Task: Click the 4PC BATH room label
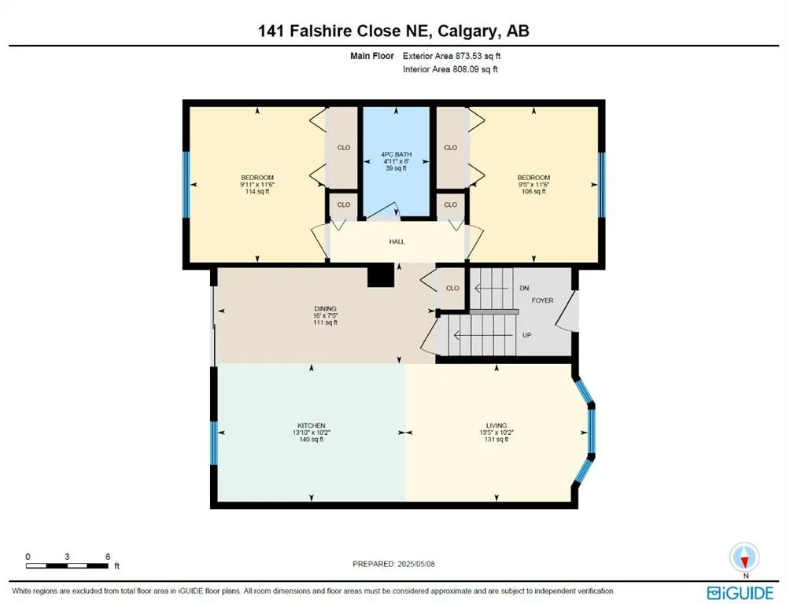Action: (x=397, y=154)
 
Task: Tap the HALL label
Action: (x=397, y=241)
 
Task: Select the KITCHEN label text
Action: (x=311, y=425)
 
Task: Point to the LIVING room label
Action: (x=497, y=425)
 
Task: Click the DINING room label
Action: (x=325, y=308)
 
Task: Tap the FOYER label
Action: (x=542, y=300)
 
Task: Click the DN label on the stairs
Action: (x=524, y=289)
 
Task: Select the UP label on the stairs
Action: (x=527, y=334)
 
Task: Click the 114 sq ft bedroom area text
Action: (x=257, y=192)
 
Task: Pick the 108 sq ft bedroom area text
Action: (x=533, y=192)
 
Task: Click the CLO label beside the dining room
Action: (x=452, y=289)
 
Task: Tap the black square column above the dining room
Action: (x=381, y=276)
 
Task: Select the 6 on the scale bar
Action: (x=107, y=556)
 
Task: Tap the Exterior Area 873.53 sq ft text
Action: (x=452, y=57)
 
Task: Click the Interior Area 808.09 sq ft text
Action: (x=450, y=69)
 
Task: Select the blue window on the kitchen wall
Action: (x=213, y=443)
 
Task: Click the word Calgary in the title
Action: (x=460, y=31)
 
